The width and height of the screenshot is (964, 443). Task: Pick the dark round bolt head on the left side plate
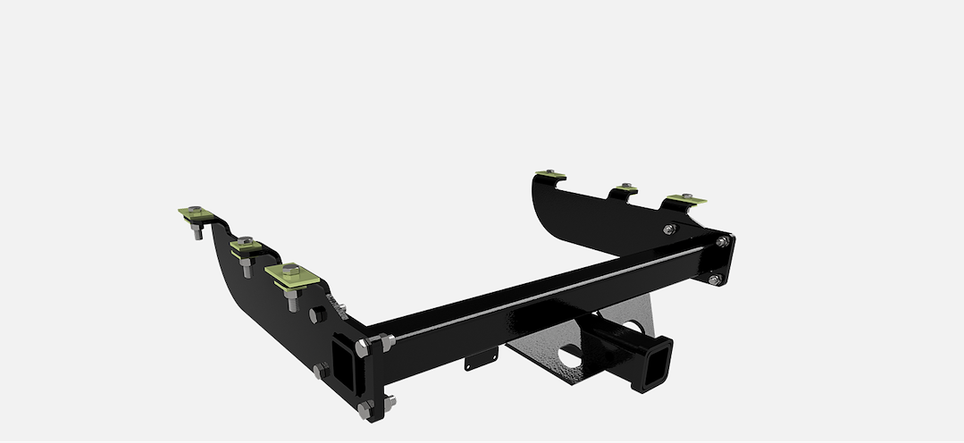tap(316, 316)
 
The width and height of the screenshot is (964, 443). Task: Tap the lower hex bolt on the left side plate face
tap(319, 370)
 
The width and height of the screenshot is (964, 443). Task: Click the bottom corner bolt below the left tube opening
tap(365, 409)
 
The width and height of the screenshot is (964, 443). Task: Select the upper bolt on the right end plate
tap(722, 242)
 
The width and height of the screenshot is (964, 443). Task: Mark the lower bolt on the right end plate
tap(714, 280)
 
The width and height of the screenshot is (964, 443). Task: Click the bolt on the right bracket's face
tap(670, 230)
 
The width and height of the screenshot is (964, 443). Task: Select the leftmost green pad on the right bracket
tap(548, 175)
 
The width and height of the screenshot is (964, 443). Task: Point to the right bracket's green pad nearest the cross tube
tap(684, 198)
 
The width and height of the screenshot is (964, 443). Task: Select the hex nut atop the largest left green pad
tap(290, 268)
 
